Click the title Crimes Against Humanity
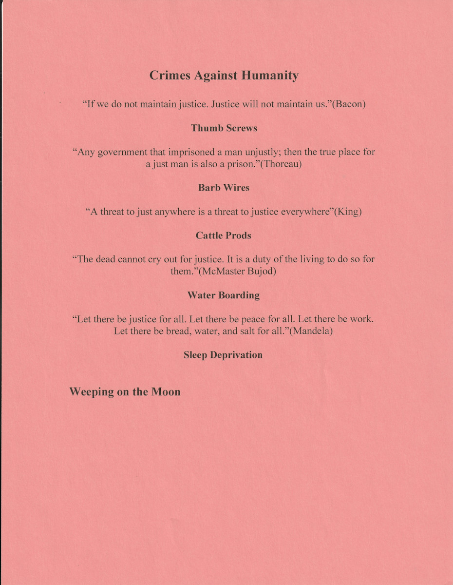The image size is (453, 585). pos(224,76)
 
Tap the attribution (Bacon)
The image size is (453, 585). pos(349,104)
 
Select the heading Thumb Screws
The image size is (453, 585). pos(224,128)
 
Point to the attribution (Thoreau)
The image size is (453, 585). pos(281,164)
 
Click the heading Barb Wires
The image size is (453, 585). pos(224,188)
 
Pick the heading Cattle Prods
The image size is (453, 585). pos(224,235)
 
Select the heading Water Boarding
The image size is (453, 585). pos(224,295)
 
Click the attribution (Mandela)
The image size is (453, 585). pos(311,331)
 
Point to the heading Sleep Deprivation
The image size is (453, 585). pos(223,355)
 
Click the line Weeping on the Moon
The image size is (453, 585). pos(125,392)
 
